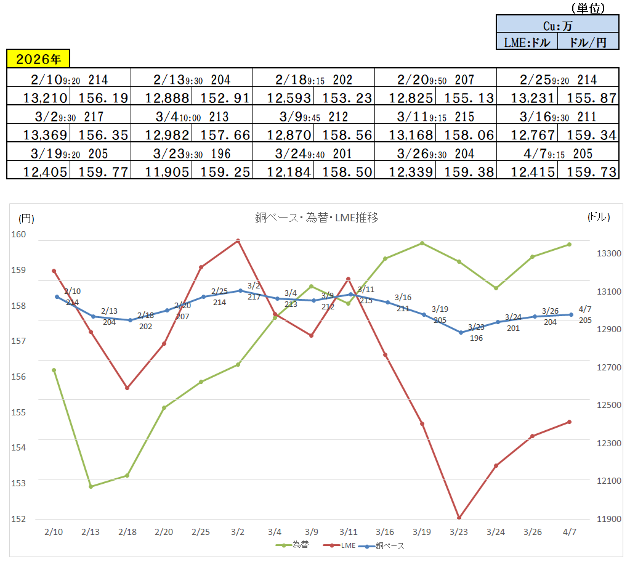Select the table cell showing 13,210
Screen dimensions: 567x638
click(38, 97)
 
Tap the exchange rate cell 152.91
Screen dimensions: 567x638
click(222, 97)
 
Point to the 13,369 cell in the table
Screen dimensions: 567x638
click(38, 134)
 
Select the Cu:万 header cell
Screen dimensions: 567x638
click(557, 26)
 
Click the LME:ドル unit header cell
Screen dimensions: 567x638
click(527, 42)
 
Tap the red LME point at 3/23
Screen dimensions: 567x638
click(459, 518)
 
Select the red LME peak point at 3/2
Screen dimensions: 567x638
click(238, 241)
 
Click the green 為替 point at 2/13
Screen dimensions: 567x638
click(91, 486)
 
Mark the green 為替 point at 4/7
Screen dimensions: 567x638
click(569, 245)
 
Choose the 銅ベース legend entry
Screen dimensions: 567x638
click(384, 545)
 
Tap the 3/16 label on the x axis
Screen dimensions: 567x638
click(385, 531)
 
